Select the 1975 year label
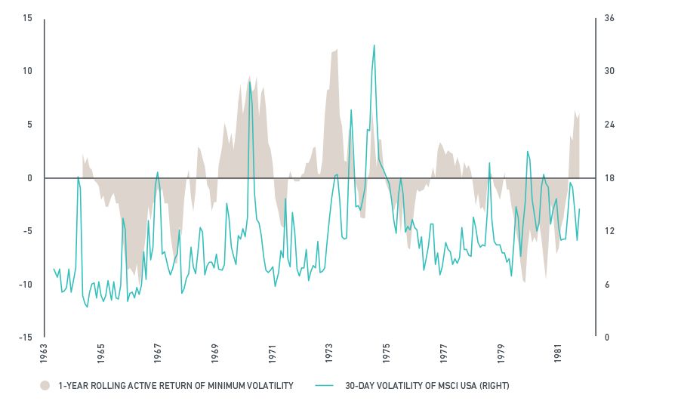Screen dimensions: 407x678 click(x=386, y=351)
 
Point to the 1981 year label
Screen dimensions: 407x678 click(x=559, y=351)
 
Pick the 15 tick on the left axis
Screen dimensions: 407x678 click(x=28, y=18)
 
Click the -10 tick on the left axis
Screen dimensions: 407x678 click(x=26, y=285)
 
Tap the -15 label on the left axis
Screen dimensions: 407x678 click(x=26, y=338)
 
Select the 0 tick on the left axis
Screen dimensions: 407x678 click(x=30, y=178)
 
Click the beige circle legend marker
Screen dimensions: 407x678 click(x=45, y=386)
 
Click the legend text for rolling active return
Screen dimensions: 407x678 click(x=175, y=386)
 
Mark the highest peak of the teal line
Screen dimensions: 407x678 click(x=374, y=45)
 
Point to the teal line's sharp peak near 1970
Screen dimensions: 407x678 click(x=250, y=82)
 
